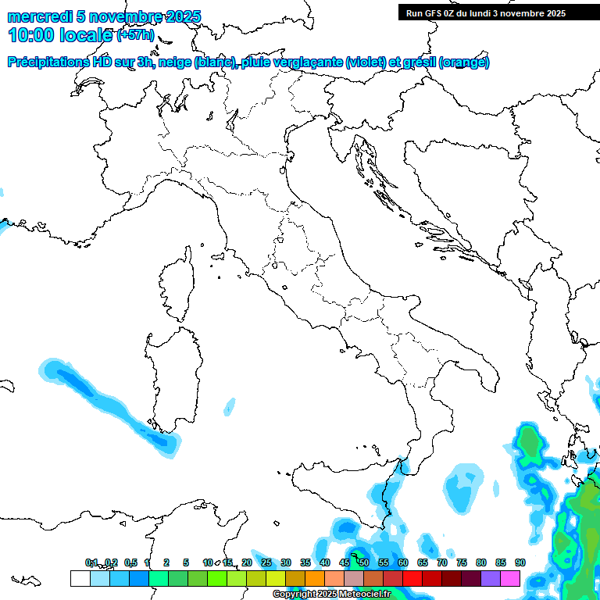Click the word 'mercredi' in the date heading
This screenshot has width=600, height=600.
pos(40,16)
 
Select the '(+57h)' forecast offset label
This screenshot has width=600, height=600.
pos(135,35)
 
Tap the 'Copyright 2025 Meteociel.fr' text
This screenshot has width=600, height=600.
pos(331,595)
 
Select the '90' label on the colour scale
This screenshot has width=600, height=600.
pos(520,562)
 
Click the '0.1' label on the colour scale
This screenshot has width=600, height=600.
pos(91,562)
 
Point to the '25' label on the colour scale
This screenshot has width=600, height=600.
pos(266,562)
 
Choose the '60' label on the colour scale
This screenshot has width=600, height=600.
pos(403,562)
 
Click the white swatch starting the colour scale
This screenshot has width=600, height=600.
pos(80,578)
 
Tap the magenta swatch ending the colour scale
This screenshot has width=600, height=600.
pos(510,578)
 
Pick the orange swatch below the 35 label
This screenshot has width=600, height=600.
pos(315,578)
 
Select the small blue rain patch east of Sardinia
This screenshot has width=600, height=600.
pos(230,405)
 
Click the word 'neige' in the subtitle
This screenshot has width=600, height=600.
pos(175,62)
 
